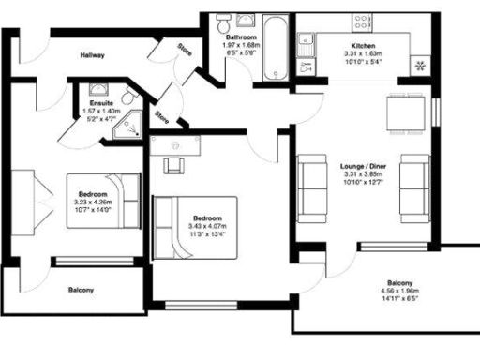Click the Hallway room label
pos(92,55)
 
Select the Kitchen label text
pos(364,46)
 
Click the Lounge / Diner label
pos(365,165)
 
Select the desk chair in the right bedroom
pos(175,164)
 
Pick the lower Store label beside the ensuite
pos(162,116)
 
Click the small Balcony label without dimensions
pos(81,291)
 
